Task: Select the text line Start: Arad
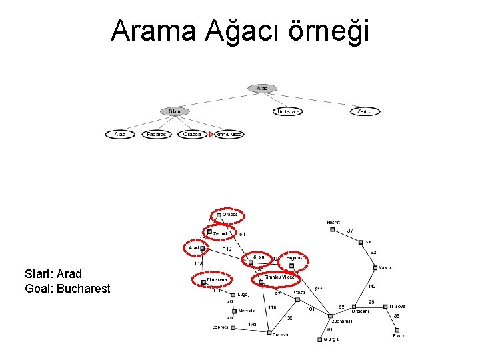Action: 53,274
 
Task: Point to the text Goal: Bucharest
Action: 67,289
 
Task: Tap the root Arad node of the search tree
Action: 262,88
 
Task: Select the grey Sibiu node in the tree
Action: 175,111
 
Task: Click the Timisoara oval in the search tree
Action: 287,111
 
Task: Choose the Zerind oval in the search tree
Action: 365,111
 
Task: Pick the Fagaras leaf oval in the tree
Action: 157,134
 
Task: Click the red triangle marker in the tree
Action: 211,134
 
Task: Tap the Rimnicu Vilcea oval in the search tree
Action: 229,134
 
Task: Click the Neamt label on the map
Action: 333,222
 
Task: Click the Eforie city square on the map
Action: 397,330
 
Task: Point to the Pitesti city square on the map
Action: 298,299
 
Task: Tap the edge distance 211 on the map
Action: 318,289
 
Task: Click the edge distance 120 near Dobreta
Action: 251,324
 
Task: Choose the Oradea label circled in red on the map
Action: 230,215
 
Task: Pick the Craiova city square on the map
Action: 269,332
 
